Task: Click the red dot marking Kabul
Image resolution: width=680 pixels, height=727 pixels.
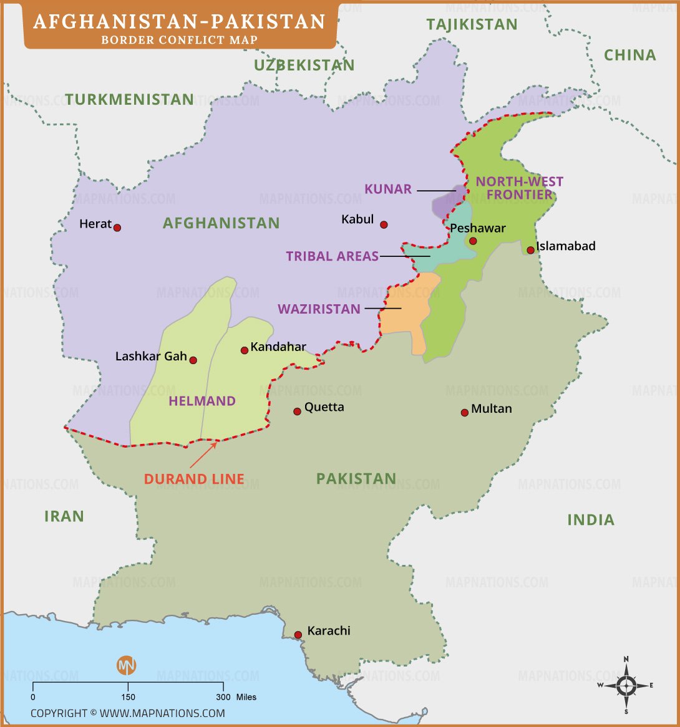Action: point(384,224)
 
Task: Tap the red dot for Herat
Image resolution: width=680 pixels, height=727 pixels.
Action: point(117,228)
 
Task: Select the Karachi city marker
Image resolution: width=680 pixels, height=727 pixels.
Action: point(298,635)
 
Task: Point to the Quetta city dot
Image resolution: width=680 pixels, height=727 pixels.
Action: point(297,412)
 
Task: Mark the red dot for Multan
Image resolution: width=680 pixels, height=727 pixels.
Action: point(464,413)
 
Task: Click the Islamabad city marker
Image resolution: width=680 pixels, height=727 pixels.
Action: point(530,250)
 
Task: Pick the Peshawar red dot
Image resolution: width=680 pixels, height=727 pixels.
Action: point(473,241)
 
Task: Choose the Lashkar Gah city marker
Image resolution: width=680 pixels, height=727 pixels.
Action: point(193,360)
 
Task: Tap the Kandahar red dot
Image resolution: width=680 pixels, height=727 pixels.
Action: point(245,350)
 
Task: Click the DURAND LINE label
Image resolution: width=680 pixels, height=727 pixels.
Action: point(194,479)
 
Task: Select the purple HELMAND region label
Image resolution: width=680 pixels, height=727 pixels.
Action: point(202,401)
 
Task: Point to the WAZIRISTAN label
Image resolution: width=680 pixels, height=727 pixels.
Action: point(319,309)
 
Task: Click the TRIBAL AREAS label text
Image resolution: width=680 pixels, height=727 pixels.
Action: point(332,256)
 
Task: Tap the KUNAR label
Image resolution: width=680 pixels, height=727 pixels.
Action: point(388,189)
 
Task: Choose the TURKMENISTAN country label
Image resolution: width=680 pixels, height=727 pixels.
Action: point(129,99)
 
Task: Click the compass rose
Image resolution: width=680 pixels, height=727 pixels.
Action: point(626,685)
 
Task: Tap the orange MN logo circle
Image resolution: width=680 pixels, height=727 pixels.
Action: point(126,665)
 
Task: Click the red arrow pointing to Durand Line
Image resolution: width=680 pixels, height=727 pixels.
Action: point(203,455)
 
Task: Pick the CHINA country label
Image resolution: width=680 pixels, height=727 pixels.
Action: point(629,55)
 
